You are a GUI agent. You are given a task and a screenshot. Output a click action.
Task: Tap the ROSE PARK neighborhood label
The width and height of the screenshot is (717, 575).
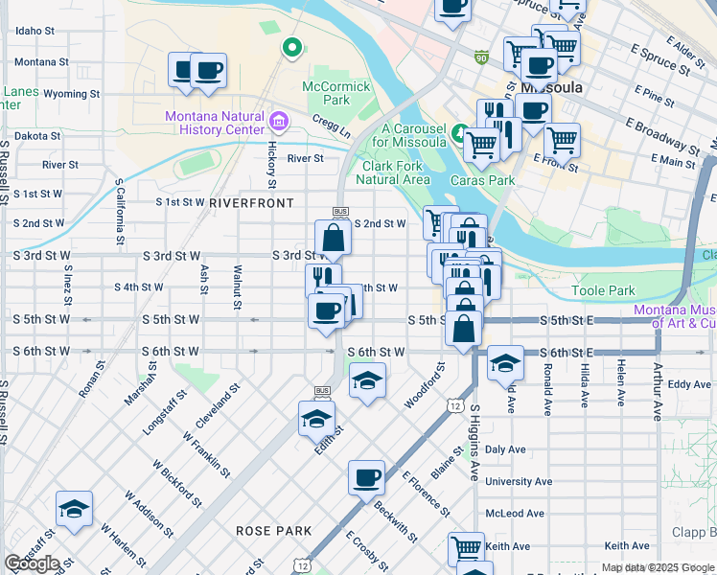(x=274, y=530)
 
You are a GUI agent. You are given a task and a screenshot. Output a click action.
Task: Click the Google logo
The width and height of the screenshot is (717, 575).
(x=31, y=563)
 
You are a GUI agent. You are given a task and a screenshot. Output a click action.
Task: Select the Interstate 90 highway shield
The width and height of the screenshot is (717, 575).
(x=480, y=57)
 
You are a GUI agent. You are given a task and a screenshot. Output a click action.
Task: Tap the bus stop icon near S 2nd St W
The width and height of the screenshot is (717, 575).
(x=339, y=211)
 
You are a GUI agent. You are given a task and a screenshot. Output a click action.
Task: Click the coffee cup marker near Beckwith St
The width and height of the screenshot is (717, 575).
(x=365, y=477)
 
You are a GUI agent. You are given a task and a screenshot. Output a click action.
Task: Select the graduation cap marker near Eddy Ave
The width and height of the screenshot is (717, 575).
(x=505, y=363)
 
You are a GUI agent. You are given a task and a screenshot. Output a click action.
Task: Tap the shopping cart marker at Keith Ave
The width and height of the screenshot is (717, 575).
(x=466, y=547)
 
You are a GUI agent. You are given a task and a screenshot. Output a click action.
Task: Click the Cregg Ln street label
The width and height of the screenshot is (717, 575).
(x=331, y=125)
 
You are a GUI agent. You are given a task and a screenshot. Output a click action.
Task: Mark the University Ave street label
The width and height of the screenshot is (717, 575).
(x=519, y=481)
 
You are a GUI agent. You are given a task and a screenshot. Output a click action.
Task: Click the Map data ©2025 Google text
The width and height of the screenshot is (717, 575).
(x=658, y=567)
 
